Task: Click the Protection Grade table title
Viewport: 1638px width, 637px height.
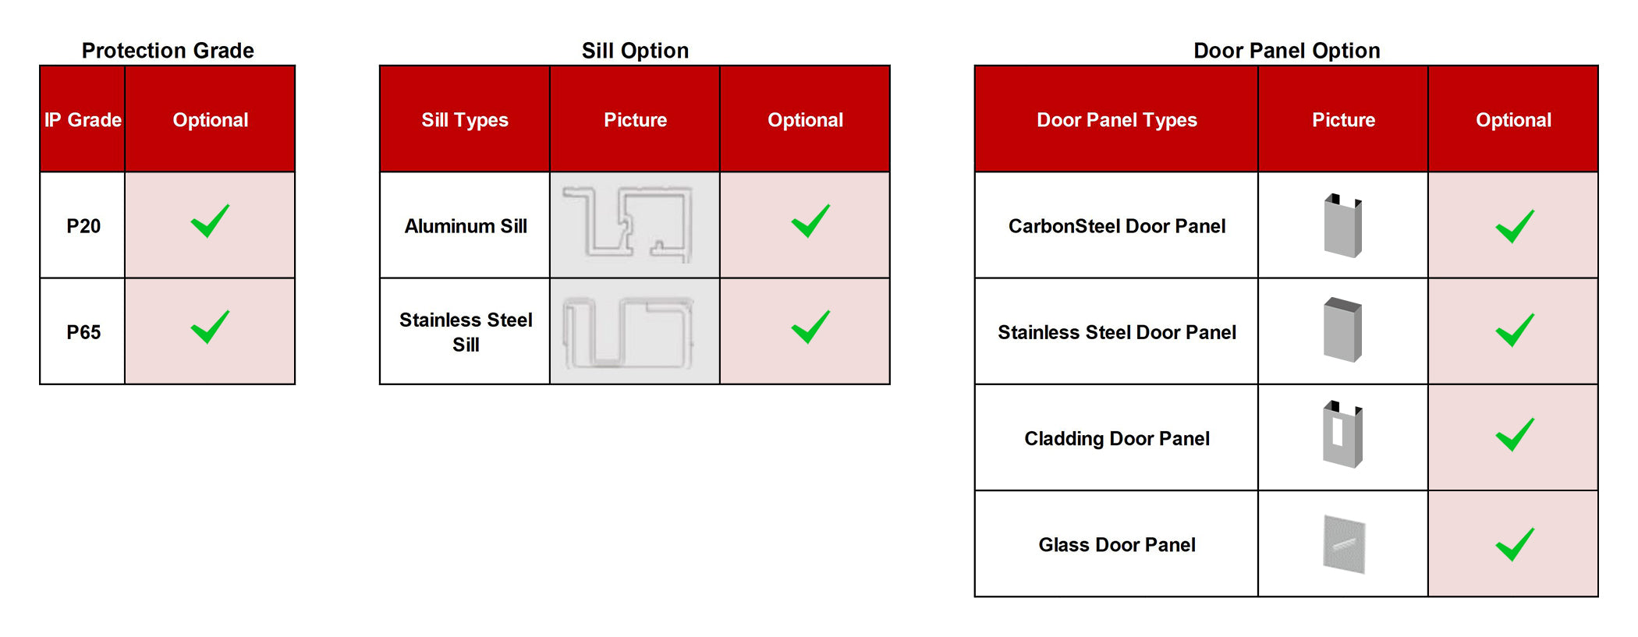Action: pyautogui.click(x=168, y=51)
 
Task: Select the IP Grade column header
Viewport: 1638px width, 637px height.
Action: pyautogui.click(x=83, y=119)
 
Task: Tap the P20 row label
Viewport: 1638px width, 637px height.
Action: pyautogui.click(x=83, y=226)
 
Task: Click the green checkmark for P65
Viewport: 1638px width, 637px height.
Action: pyautogui.click(x=210, y=327)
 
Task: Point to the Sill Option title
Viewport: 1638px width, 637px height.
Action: pyautogui.click(x=635, y=51)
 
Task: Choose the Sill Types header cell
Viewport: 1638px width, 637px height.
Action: pyautogui.click(x=465, y=120)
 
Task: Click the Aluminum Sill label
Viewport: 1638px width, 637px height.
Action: pyautogui.click(x=466, y=226)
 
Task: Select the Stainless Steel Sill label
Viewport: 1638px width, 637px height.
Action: pyautogui.click(x=466, y=332)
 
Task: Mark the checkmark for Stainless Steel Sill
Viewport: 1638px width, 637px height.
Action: pyautogui.click(x=810, y=327)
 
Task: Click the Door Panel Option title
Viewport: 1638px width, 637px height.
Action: pyautogui.click(x=1287, y=51)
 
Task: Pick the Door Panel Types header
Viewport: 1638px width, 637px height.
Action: pyautogui.click(x=1117, y=120)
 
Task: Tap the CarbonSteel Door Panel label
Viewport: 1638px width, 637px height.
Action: pyautogui.click(x=1117, y=226)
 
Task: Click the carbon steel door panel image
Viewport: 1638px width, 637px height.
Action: pyautogui.click(x=1343, y=225)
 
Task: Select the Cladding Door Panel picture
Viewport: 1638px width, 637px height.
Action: pyautogui.click(x=1343, y=434)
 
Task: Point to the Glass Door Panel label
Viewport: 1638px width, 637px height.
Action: pyautogui.click(x=1117, y=545)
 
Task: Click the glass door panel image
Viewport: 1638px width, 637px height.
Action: pyautogui.click(x=1344, y=544)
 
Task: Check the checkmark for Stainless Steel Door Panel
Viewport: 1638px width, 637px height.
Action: pyautogui.click(x=1515, y=330)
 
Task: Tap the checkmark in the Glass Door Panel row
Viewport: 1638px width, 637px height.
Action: pyautogui.click(x=1515, y=544)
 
